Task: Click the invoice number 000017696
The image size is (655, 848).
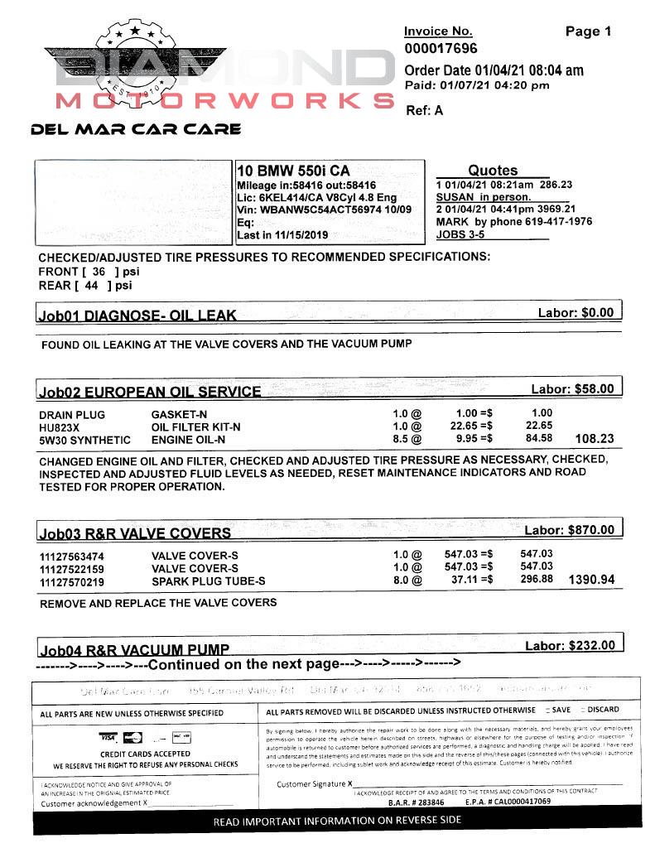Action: (441, 49)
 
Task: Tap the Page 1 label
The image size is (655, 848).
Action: (588, 31)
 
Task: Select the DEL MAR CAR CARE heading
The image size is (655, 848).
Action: (136, 129)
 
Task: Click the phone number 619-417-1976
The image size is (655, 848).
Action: (554, 221)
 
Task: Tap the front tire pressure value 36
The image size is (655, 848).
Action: (99, 271)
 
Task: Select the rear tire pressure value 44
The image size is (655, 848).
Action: (91, 286)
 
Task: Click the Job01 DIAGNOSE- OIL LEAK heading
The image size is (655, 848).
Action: (137, 315)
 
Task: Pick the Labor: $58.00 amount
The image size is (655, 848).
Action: (572, 388)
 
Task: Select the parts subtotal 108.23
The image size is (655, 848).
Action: (595, 439)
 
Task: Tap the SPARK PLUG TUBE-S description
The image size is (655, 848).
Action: (209, 581)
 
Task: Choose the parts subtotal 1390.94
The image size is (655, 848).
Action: (591, 580)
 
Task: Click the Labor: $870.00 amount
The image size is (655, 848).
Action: (570, 530)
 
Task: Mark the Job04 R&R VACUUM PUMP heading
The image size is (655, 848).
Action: (134, 649)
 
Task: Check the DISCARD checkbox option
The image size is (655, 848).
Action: (585, 710)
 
